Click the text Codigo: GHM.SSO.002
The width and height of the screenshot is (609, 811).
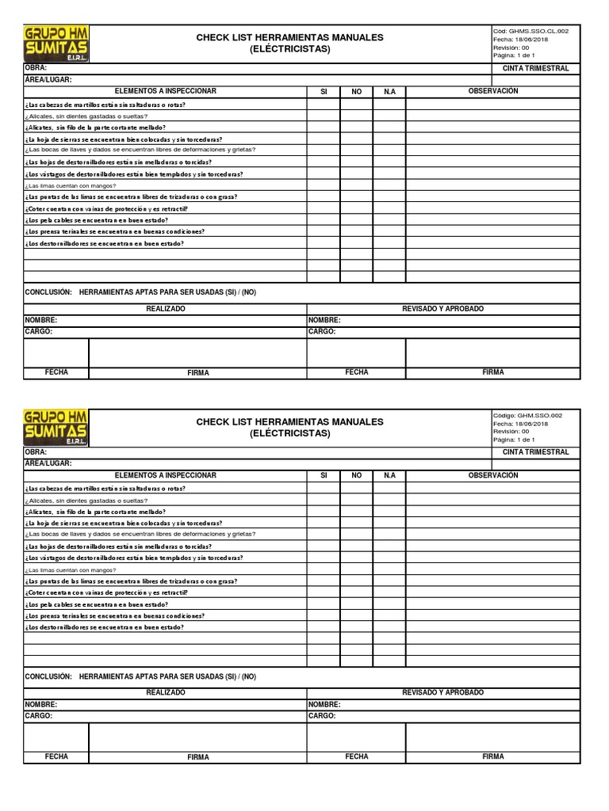pos(528,415)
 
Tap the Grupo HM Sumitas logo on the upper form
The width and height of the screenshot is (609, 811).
pos(56,44)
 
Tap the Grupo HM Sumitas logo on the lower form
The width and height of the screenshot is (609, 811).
pos(56,428)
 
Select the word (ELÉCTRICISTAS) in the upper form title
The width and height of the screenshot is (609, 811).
pos(289,49)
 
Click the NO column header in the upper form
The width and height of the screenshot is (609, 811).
pos(357,92)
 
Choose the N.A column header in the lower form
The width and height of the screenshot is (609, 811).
pos(389,475)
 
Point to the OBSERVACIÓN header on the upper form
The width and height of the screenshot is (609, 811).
pos(493,91)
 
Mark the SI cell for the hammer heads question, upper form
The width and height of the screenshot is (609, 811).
pos(324,104)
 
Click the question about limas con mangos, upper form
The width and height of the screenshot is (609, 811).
pos(71,185)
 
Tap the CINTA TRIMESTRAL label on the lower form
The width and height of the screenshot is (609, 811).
pos(536,451)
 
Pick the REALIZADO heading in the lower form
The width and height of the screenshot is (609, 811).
pos(165,692)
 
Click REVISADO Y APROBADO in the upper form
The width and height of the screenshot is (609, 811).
pos(442,309)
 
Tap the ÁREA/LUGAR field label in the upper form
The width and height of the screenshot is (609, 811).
pos(48,80)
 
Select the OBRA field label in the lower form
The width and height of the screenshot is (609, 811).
pos(36,451)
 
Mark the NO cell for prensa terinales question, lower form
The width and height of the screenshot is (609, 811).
pos(357,615)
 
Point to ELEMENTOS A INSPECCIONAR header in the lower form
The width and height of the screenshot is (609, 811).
pos(165,475)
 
